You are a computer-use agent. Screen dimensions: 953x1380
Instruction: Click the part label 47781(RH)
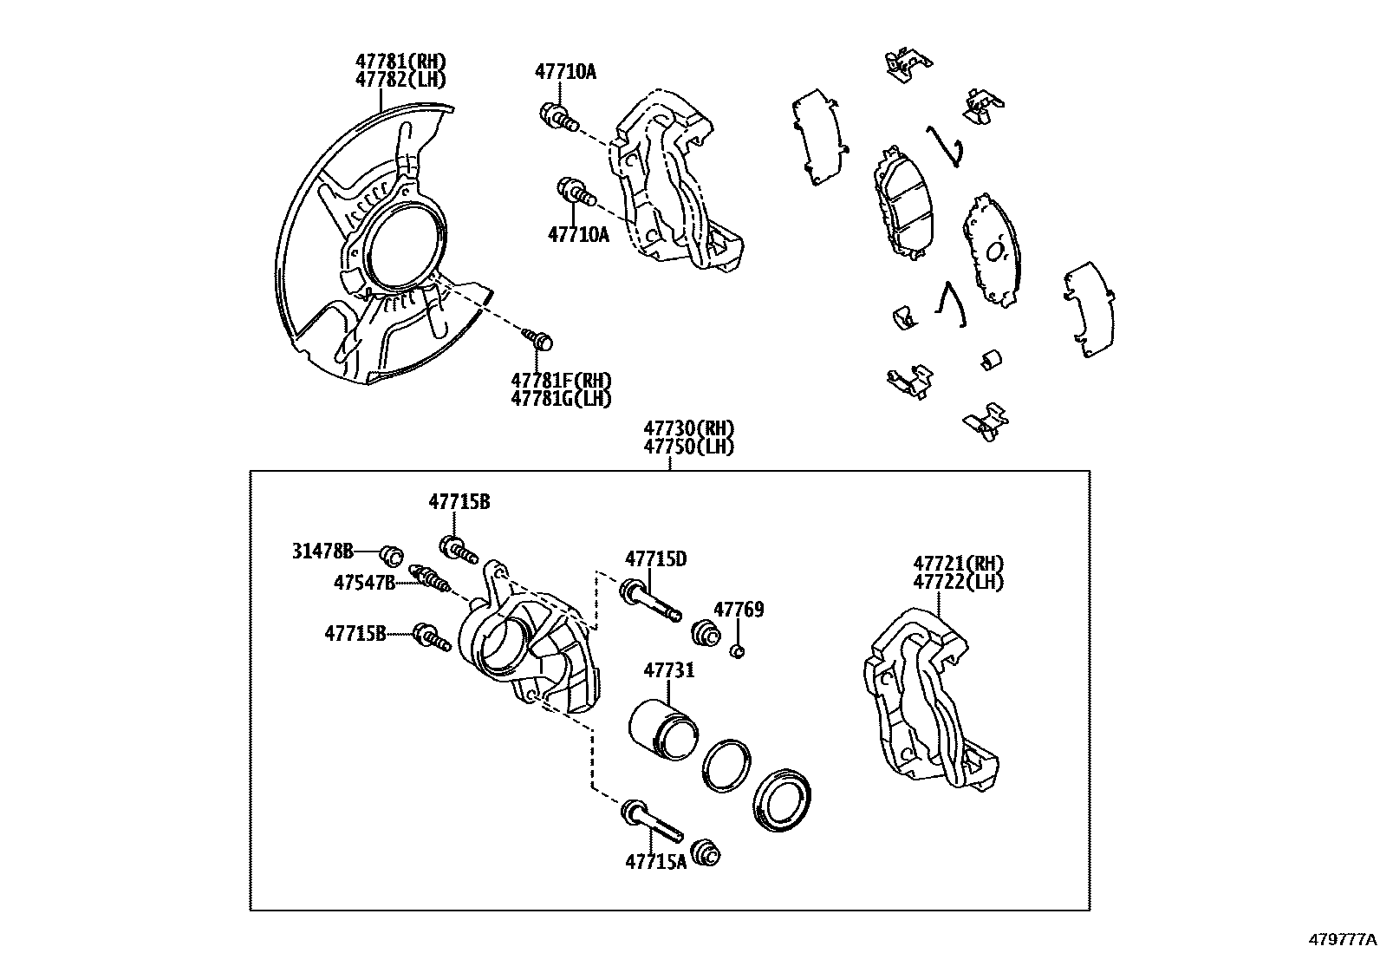point(400,62)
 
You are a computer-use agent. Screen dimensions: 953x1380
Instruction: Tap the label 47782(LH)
point(400,79)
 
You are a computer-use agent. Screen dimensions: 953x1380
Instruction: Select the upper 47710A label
point(565,72)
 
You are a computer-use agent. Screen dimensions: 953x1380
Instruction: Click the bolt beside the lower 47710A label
point(576,192)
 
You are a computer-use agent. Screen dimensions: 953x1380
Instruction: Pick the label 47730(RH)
point(689,428)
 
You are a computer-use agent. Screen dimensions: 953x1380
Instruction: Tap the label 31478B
point(322,551)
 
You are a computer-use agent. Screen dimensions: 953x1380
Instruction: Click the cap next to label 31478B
point(392,553)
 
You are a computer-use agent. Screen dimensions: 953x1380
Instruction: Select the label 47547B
point(364,582)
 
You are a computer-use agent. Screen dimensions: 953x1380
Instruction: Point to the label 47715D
point(656,559)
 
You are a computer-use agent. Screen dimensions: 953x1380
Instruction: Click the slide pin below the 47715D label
point(650,602)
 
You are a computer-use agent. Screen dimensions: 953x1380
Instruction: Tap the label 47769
point(739,610)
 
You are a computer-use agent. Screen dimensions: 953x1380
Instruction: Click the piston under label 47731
point(660,725)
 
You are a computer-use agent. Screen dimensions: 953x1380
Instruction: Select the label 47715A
point(656,861)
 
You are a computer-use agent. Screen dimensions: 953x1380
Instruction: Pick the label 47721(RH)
point(958,564)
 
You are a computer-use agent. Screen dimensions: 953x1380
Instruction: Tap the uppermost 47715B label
point(459,502)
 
